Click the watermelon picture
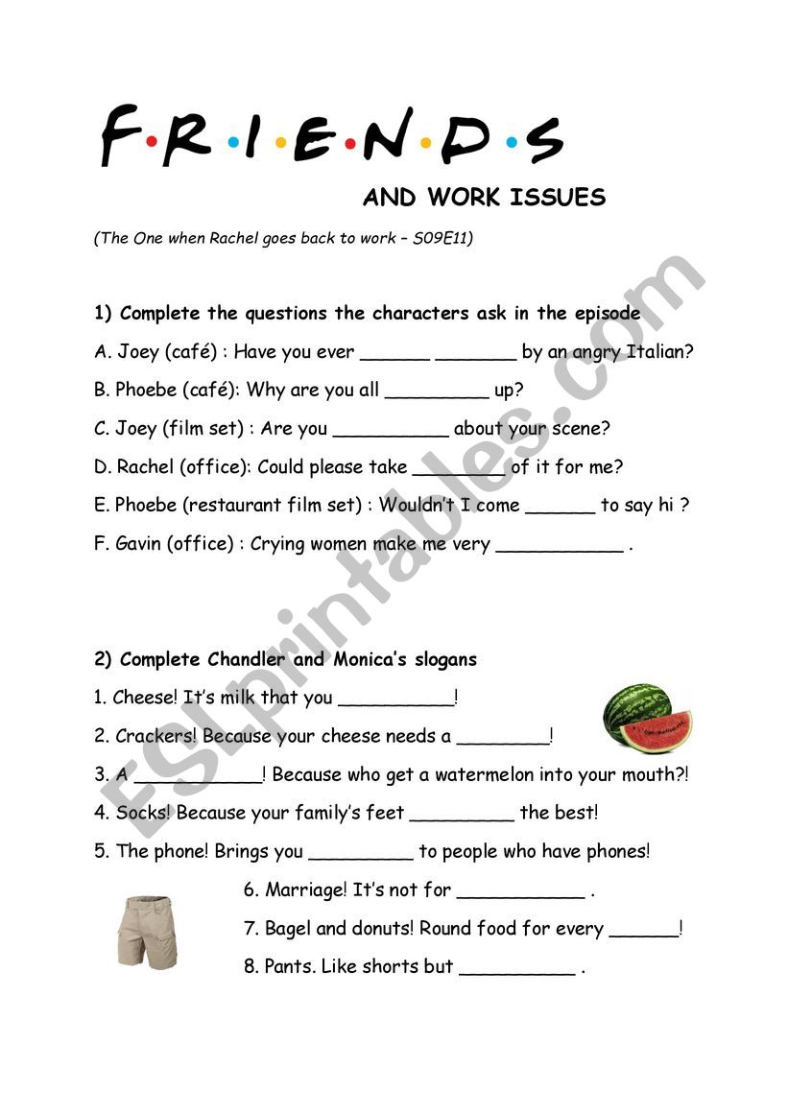tap(647, 718)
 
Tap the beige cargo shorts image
tap(148, 932)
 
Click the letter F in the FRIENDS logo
tap(120, 136)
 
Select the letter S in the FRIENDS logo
tap(544, 139)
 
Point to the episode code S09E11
tap(441, 239)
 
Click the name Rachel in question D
tap(145, 467)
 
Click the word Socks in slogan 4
tap(143, 813)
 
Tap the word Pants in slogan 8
tap(288, 966)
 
